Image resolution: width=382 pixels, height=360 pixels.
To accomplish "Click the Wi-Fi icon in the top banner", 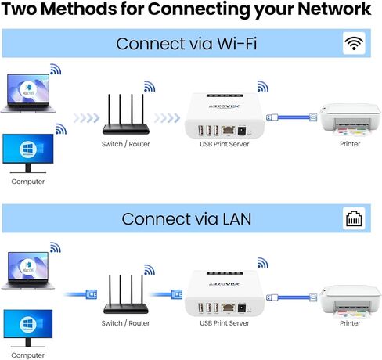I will click(x=354, y=43).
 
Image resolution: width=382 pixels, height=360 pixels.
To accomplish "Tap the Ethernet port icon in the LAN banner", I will click(x=354, y=219).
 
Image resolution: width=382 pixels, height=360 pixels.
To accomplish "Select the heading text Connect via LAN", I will click(x=186, y=219).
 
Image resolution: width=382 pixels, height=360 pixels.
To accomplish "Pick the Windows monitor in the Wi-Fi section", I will click(x=27, y=152).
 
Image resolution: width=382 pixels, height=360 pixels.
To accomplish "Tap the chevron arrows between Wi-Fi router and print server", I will click(x=166, y=118).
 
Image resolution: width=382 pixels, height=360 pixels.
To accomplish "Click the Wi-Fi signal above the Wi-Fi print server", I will click(x=259, y=85).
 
